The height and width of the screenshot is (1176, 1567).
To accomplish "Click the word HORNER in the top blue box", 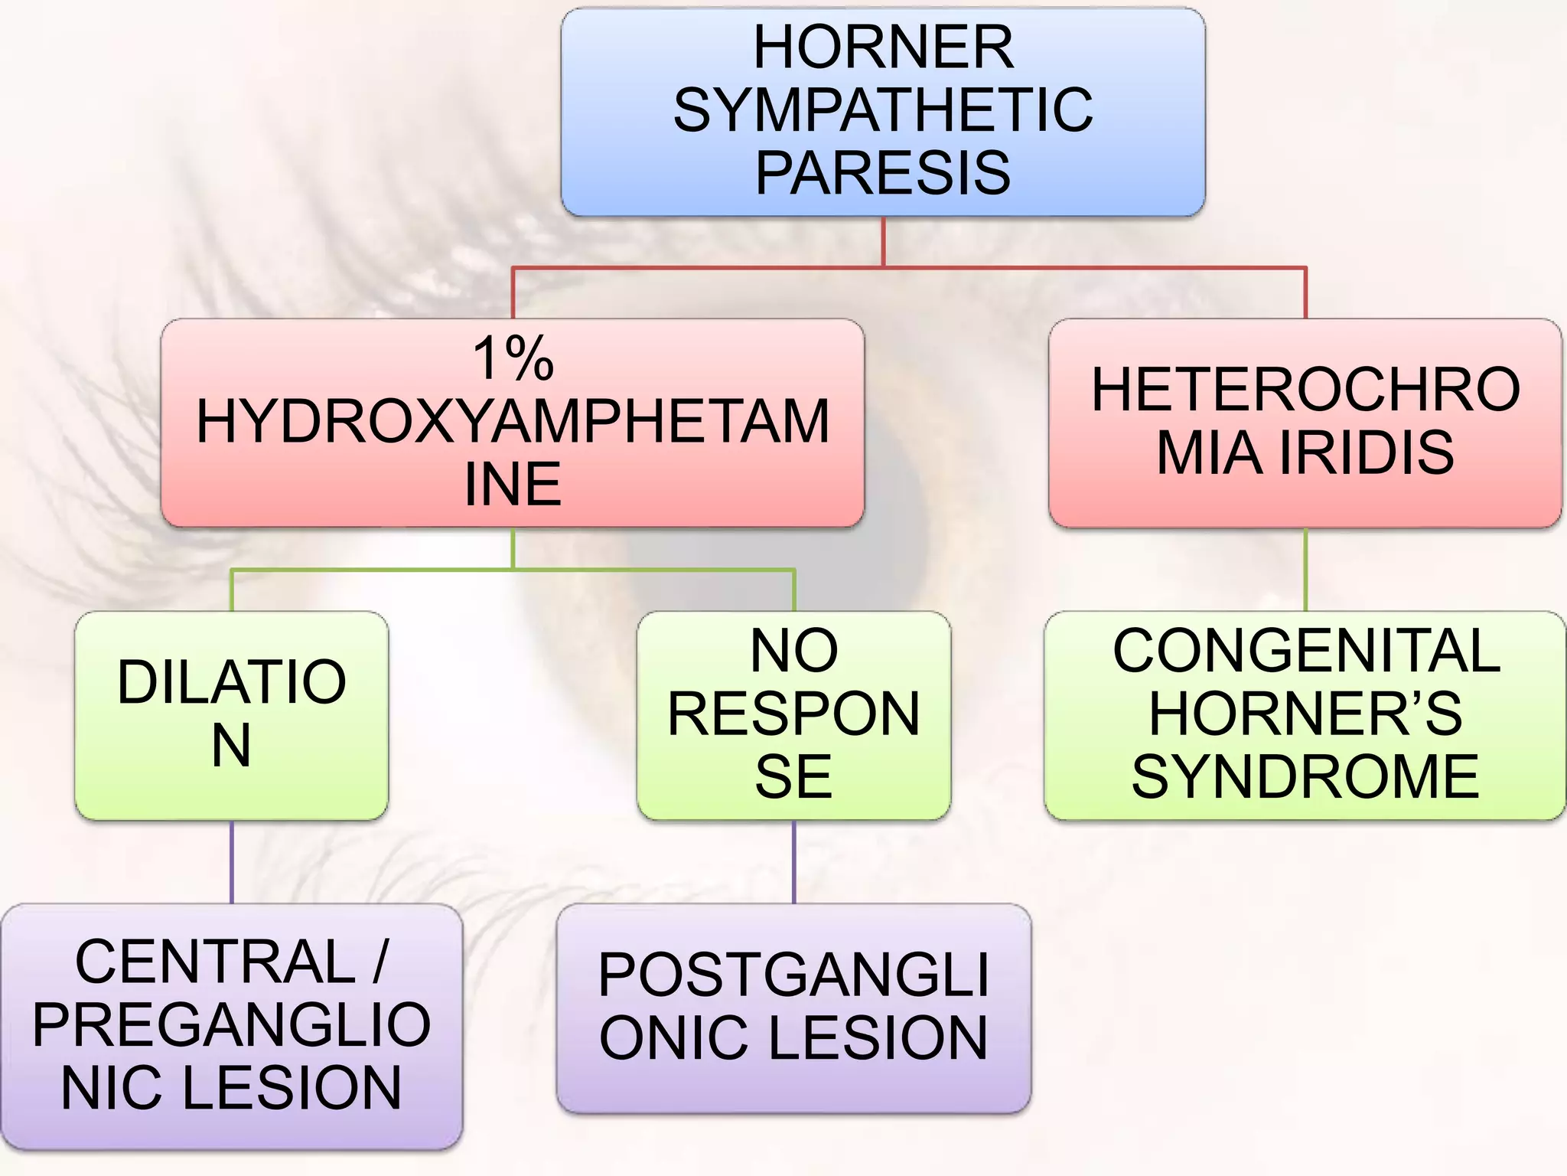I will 883,47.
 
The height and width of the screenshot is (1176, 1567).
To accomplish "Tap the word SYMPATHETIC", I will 883,110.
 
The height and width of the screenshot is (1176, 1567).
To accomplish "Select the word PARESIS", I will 883,173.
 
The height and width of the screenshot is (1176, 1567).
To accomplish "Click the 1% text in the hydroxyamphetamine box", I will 513,358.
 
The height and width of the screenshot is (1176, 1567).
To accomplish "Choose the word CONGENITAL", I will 1305,651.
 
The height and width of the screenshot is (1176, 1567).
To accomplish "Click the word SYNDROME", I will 1305,776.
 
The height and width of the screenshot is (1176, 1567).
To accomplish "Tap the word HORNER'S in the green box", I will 1305,714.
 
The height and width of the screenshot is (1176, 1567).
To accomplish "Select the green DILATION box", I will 231,715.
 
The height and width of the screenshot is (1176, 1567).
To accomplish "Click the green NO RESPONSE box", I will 793,715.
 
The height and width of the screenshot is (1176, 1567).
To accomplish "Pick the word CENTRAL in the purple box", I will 215,962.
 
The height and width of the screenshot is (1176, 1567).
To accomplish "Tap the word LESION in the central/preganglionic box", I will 292,1088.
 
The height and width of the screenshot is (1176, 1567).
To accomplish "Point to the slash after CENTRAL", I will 380,962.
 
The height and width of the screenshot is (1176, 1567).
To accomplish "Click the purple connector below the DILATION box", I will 231,862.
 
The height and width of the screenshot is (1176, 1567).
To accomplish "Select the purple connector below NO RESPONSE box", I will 793,862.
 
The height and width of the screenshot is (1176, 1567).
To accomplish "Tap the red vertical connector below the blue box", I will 883,241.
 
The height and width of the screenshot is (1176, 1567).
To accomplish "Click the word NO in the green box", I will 793,651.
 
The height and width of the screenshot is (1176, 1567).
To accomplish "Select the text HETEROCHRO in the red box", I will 1305,390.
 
